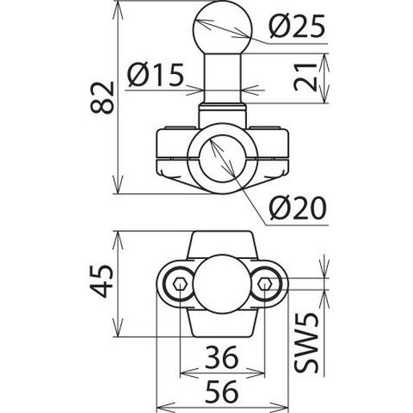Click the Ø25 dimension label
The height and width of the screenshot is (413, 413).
297,26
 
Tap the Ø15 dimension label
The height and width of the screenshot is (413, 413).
156,75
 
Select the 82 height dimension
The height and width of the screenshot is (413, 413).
103,98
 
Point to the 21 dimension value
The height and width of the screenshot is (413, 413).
305,77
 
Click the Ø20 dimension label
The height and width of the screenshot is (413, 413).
298,208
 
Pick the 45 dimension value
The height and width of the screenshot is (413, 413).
102,281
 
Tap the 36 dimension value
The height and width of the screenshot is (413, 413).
221,357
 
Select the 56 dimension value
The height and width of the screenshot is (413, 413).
221,391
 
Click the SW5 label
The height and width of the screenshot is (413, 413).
306,342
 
